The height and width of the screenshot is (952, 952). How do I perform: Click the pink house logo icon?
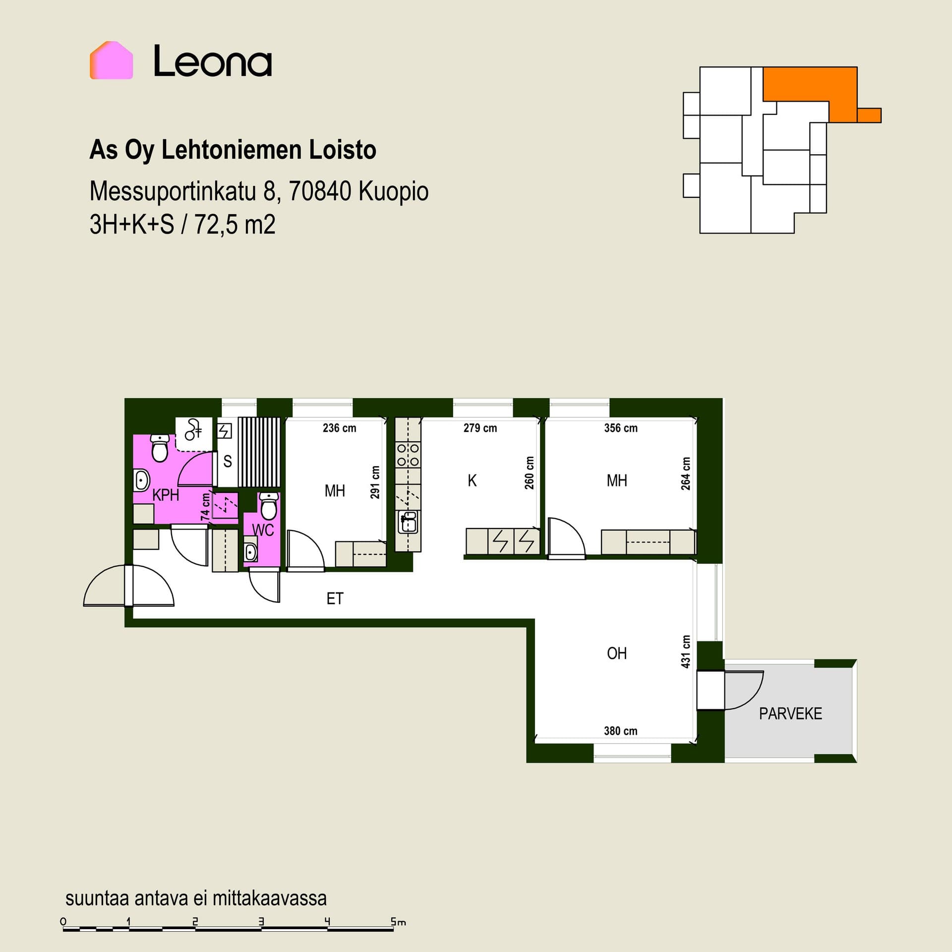(111, 60)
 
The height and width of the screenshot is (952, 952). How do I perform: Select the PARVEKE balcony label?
(790, 714)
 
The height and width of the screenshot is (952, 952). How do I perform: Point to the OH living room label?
(617, 654)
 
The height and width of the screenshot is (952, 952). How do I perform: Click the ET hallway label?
(335, 598)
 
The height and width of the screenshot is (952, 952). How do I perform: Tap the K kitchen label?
(472, 480)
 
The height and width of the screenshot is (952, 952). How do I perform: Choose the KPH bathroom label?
(166, 495)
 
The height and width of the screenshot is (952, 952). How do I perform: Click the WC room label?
(263, 530)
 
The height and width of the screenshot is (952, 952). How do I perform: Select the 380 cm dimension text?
(621, 730)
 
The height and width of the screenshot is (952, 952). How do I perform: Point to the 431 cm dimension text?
(686, 652)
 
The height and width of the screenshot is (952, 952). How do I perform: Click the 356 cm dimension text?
(621, 428)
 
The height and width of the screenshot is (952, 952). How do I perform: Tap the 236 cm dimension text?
(339, 428)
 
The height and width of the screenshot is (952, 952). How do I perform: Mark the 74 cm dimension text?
(205, 507)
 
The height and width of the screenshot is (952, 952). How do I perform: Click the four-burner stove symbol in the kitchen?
(408, 455)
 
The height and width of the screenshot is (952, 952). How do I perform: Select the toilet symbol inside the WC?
(269, 506)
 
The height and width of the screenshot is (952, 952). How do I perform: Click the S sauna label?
(228, 462)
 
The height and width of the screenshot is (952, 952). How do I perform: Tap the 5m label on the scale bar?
(398, 922)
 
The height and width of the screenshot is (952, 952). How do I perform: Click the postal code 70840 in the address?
(320, 191)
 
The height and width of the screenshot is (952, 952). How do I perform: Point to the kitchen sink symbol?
(408, 522)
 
